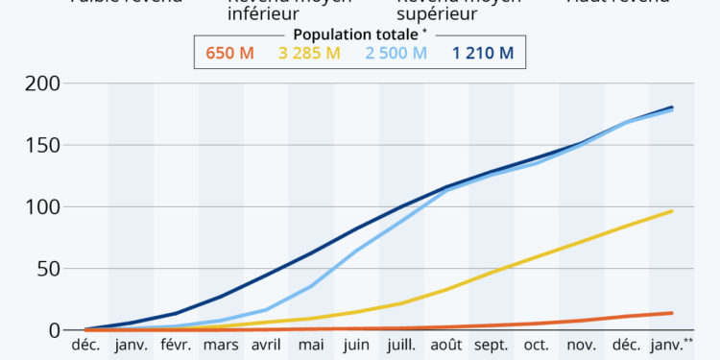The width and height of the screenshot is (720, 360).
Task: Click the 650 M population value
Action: click(229, 53)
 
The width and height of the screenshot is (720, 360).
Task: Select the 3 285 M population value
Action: click(309, 53)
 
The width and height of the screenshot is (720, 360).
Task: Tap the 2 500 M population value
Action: click(396, 53)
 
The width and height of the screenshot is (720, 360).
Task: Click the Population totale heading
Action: click(357, 34)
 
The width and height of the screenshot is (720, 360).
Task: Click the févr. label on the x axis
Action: click(176, 346)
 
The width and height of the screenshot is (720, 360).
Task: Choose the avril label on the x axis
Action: click(266, 346)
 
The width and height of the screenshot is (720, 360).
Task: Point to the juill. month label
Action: click(402, 346)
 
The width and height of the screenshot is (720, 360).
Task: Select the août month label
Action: click(447, 346)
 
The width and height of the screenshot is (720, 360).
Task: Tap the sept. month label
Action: click(492, 346)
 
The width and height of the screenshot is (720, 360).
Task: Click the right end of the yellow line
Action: click(672, 211)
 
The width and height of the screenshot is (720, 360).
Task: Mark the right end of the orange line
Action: click(672, 313)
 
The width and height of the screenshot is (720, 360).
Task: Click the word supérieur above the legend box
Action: click(437, 14)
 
